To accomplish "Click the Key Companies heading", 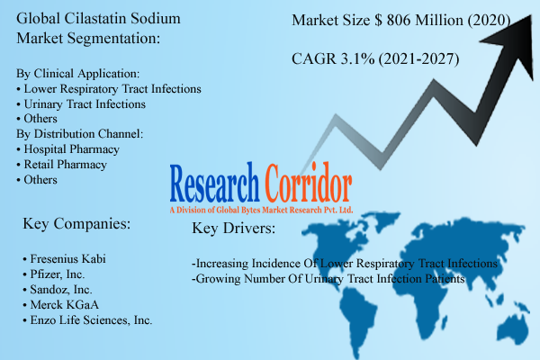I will (79, 223).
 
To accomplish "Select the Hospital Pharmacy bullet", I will (72, 148).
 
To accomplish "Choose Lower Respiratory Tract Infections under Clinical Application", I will (112, 89).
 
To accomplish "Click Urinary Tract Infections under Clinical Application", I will (88, 103).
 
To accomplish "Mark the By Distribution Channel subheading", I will (80, 133).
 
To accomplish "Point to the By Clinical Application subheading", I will (78, 74).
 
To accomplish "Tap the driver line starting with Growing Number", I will (328, 280).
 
